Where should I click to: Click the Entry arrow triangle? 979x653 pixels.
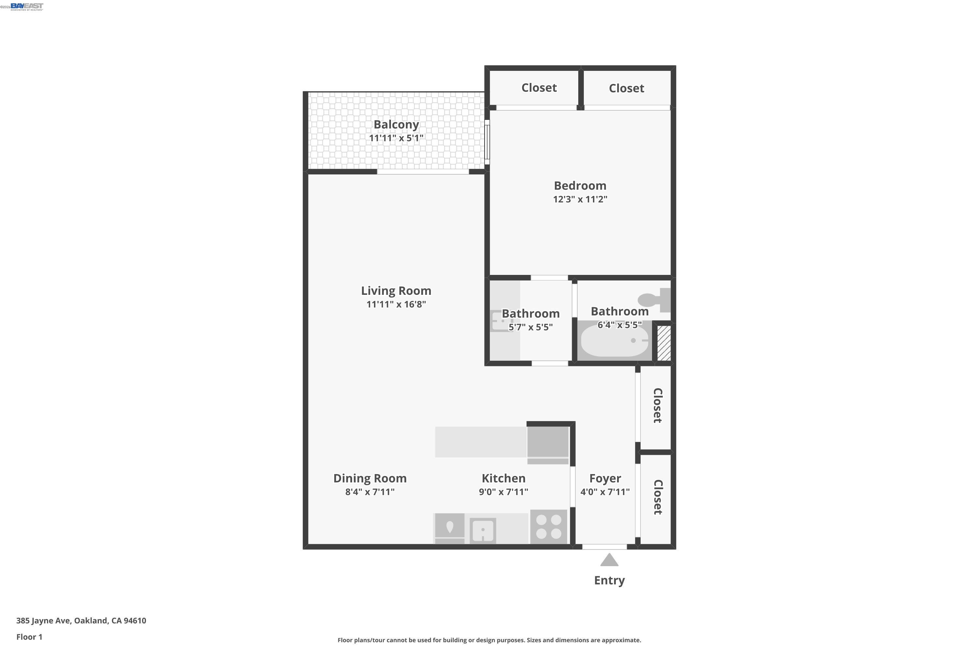[x=609, y=561]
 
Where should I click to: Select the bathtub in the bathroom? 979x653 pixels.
[x=614, y=341]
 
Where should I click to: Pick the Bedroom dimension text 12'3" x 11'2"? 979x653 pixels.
[x=580, y=199]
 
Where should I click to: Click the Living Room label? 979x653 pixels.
[x=396, y=291]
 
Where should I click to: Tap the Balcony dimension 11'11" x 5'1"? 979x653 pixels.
[x=396, y=138]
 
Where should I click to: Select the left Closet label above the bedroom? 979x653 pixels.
[x=539, y=88]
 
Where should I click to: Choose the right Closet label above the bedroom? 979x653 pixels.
[x=627, y=88]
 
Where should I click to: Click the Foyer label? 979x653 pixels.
[x=605, y=478]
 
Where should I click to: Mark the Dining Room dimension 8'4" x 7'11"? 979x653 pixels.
[x=370, y=492]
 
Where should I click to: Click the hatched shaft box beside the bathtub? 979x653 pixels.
[x=663, y=343]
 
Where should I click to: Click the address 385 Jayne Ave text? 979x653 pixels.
[x=81, y=621]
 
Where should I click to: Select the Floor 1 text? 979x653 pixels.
[x=29, y=637]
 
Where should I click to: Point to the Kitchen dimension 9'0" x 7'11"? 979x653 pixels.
[x=503, y=492]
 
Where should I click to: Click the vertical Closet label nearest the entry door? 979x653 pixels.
[x=657, y=497]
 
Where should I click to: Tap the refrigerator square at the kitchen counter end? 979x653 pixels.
[x=548, y=441]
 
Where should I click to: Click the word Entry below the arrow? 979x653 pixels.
[x=609, y=581]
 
